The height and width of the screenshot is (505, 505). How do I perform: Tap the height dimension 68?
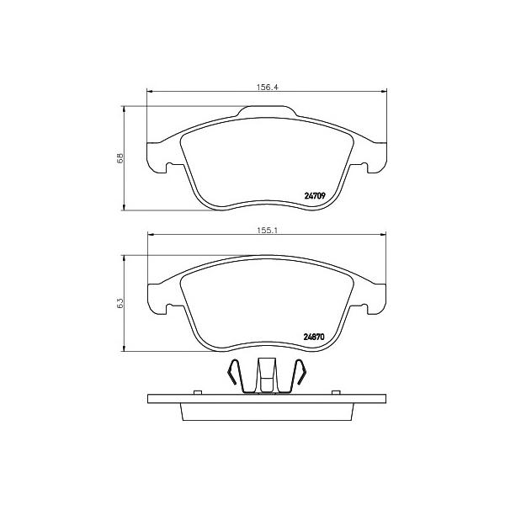[x=120, y=157]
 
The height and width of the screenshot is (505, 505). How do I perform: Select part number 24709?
[x=314, y=196]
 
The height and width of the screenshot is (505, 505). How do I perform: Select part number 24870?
[x=314, y=338]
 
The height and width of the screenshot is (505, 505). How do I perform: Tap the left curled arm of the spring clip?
[x=236, y=375]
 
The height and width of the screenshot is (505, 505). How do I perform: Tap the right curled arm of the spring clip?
[x=299, y=375]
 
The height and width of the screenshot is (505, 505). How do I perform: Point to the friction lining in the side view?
[x=267, y=410]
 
